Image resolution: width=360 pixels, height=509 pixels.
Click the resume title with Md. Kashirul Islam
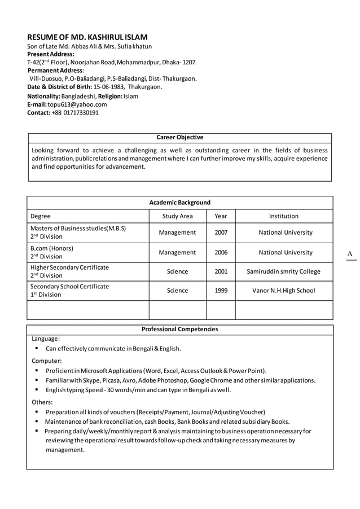[x=88, y=37]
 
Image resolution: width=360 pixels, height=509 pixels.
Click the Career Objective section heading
[x=179, y=137]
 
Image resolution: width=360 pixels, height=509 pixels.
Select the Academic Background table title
[x=179, y=203]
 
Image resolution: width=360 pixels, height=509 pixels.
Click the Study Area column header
[x=177, y=216]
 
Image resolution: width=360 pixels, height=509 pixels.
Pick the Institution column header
[x=284, y=216]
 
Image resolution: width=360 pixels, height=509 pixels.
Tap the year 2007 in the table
[x=221, y=232]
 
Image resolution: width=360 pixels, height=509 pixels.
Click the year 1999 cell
[x=221, y=291]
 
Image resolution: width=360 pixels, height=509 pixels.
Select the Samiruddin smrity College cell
[x=284, y=271]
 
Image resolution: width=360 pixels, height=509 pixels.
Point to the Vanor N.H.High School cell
[x=284, y=291]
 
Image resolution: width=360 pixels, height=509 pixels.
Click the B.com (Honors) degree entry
[x=52, y=248]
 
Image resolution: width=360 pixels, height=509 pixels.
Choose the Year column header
[x=221, y=216]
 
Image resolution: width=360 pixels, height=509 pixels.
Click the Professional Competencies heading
[x=179, y=329]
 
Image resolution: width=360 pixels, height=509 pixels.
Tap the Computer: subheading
[x=46, y=361]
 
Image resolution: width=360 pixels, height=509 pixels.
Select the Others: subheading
[x=42, y=402]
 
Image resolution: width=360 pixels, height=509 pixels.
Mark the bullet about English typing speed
[x=138, y=390]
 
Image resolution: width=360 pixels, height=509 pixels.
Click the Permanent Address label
[x=56, y=70]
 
